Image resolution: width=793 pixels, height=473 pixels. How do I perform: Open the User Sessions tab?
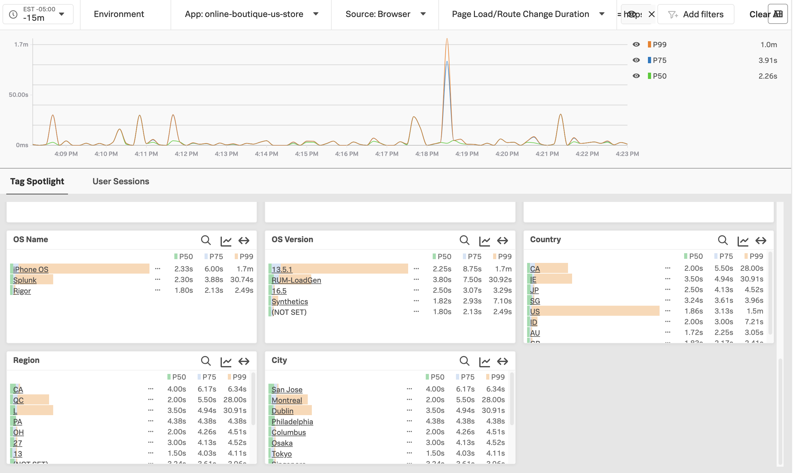121,181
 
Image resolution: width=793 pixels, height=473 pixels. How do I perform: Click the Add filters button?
696,14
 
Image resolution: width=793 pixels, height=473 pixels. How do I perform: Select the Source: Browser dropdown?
385,14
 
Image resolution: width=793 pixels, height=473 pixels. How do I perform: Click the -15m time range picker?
38,14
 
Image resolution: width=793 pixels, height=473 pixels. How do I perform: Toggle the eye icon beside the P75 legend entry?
636,60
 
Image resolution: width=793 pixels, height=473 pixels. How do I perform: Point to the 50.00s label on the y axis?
19,95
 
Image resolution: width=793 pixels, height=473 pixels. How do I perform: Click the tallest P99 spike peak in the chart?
447,39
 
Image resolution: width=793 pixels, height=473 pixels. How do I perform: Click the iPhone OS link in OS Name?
31,269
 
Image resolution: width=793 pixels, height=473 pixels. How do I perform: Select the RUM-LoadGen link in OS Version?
296,280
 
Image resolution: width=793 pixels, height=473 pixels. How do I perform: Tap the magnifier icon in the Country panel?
723,240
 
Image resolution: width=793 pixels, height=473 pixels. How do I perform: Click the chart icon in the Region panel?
226,361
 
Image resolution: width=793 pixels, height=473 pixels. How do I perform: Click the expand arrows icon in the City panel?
503,361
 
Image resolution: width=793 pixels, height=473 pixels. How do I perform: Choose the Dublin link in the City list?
283,411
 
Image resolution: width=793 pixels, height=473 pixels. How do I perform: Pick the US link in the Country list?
535,311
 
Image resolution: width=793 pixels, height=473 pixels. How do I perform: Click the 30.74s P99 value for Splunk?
242,280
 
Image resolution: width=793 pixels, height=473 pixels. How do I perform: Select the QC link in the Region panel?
19,400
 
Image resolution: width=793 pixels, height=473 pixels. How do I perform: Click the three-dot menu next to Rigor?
158,290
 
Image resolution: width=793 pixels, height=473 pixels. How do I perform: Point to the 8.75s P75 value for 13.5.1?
472,269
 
